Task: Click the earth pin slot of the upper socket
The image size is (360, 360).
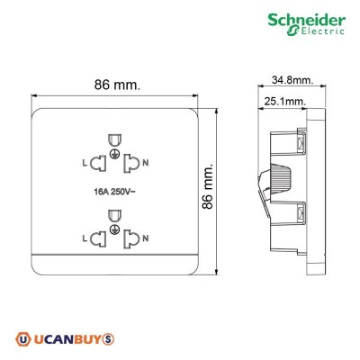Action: [x=114, y=139]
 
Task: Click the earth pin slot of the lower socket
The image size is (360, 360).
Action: [x=114, y=216]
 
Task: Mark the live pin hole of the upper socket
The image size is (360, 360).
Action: [x=97, y=162]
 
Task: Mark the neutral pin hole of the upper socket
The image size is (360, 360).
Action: [x=132, y=162]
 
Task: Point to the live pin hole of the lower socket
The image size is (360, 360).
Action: [x=97, y=238]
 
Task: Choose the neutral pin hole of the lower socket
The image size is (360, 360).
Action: [x=132, y=238]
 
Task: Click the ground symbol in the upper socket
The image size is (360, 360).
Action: [x=114, y=155]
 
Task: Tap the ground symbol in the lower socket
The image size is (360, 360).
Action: [x=114, y=231]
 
